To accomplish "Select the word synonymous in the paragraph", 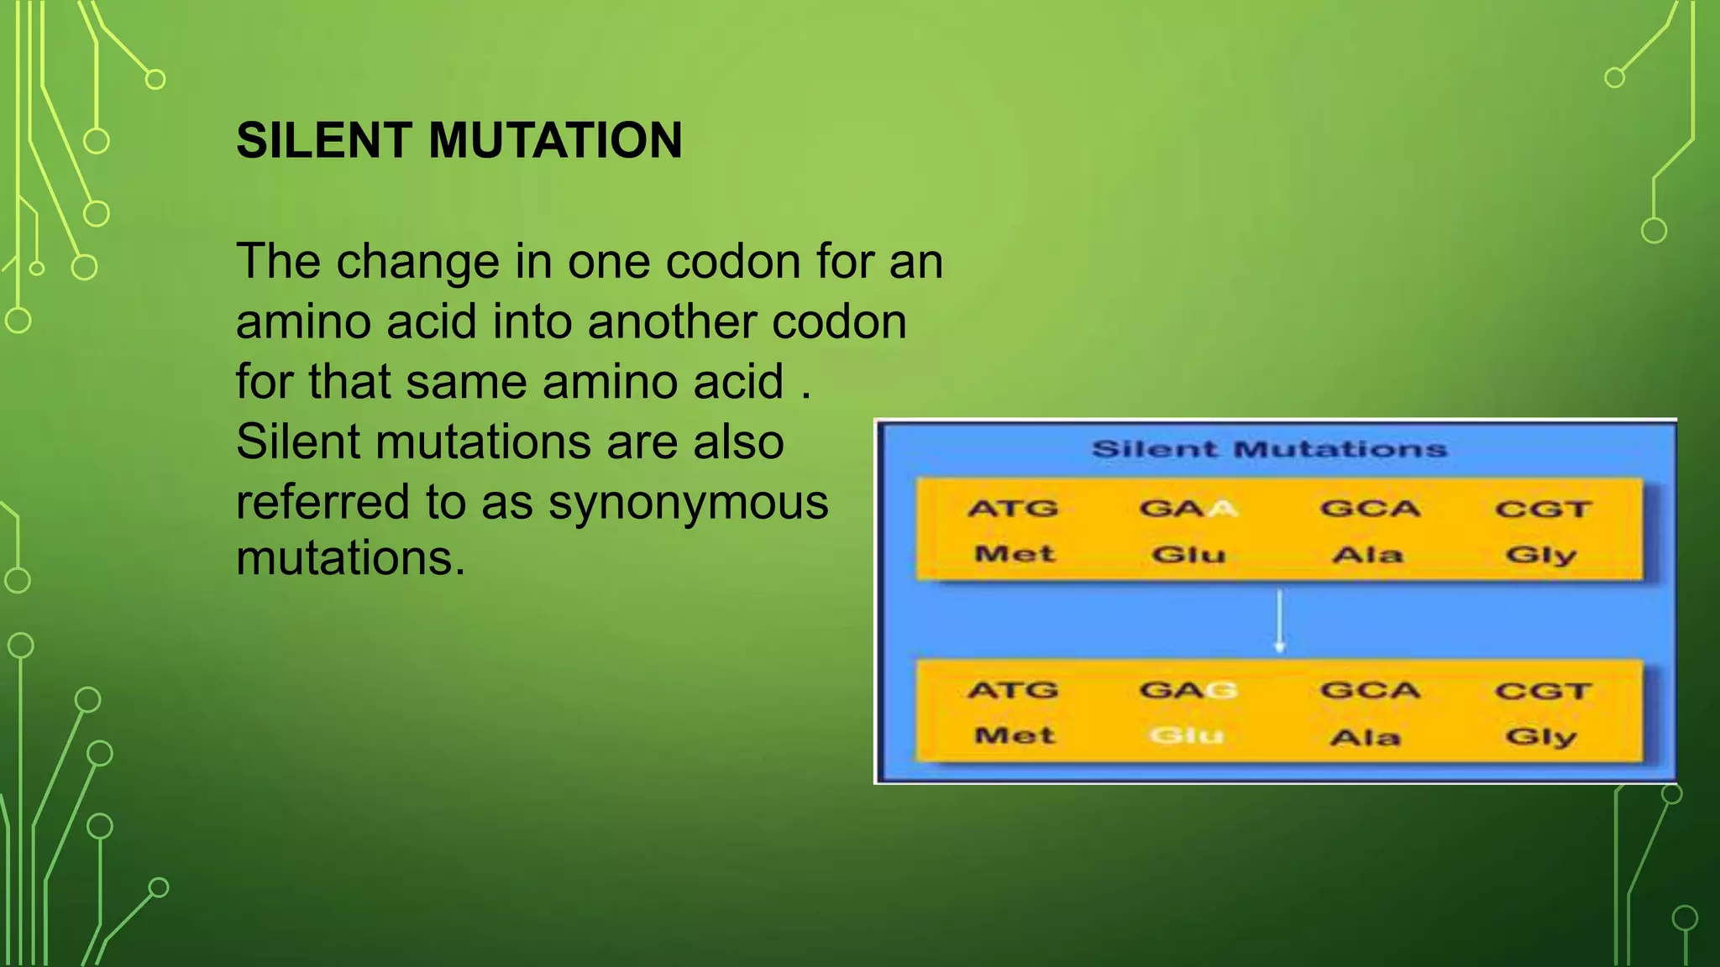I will [688, 503].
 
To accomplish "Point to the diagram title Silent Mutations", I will [1269, 449].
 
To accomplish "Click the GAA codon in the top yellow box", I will [1188, 509].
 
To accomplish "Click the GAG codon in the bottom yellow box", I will [1188, 690].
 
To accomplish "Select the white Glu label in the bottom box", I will [1187, 736].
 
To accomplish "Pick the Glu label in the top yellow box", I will [1188, 555].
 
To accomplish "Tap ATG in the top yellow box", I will [1013, 509].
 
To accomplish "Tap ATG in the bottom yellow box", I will [1013, 690].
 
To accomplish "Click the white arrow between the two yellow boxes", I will [1279, 621].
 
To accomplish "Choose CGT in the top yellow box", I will [1543, 510].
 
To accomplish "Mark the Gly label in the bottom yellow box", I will [1541, 737].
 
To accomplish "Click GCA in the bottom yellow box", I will [1369, 690].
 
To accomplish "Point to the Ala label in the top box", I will [1367, 555].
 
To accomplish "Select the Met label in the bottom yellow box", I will [1014, 736].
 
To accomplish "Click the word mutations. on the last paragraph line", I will [350, 558].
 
